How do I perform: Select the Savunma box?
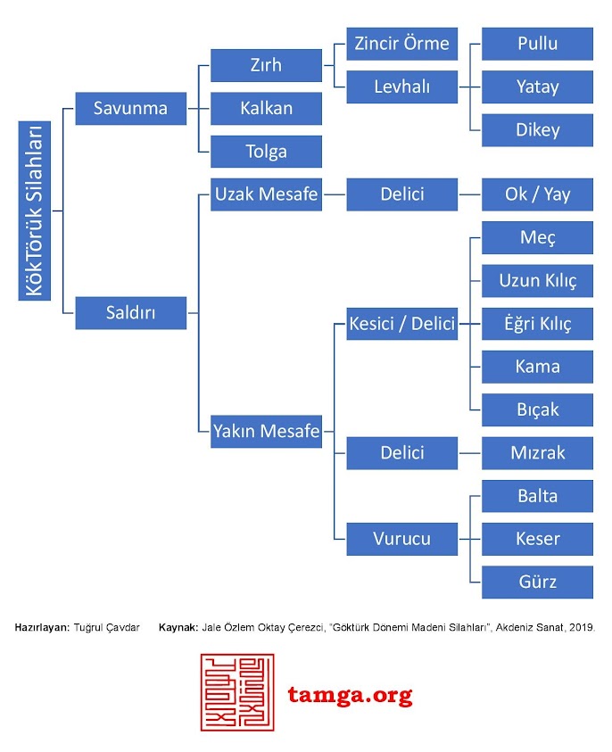click(x=131, y=109)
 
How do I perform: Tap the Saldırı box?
click(x=131, y=313)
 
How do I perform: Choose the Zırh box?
click(x=266, y=65)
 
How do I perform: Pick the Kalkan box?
click(x=266, y=109)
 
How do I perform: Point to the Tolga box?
click(x=266, y=152)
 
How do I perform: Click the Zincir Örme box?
click(x=401, y=44)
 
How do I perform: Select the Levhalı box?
click(x=401, y=87)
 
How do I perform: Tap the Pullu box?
click(x=537, y=44)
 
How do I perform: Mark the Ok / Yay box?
click(x=537, y=194)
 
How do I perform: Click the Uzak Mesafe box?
click(x=266, y=194)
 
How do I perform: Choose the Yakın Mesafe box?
click(x=266, y=432)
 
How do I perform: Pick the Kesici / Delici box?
click(x=401, y=324)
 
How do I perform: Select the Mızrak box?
click(x=537, y=453)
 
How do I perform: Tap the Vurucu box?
click(x=401, y=539)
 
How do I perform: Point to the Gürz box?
click(x=537, y=582)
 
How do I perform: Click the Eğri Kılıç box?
click(x=537, y=324)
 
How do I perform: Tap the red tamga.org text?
click(x=350, y=695)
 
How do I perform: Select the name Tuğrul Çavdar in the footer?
click(x=106, y=628)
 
